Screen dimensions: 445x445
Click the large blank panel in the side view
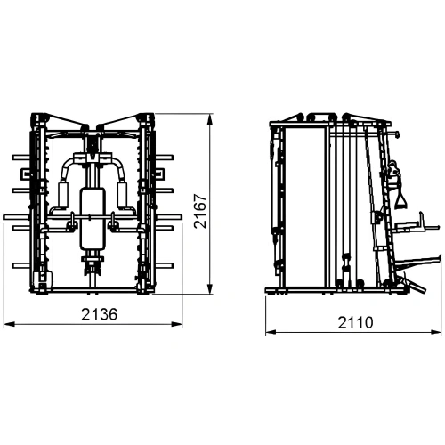click(x=303, y=205)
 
